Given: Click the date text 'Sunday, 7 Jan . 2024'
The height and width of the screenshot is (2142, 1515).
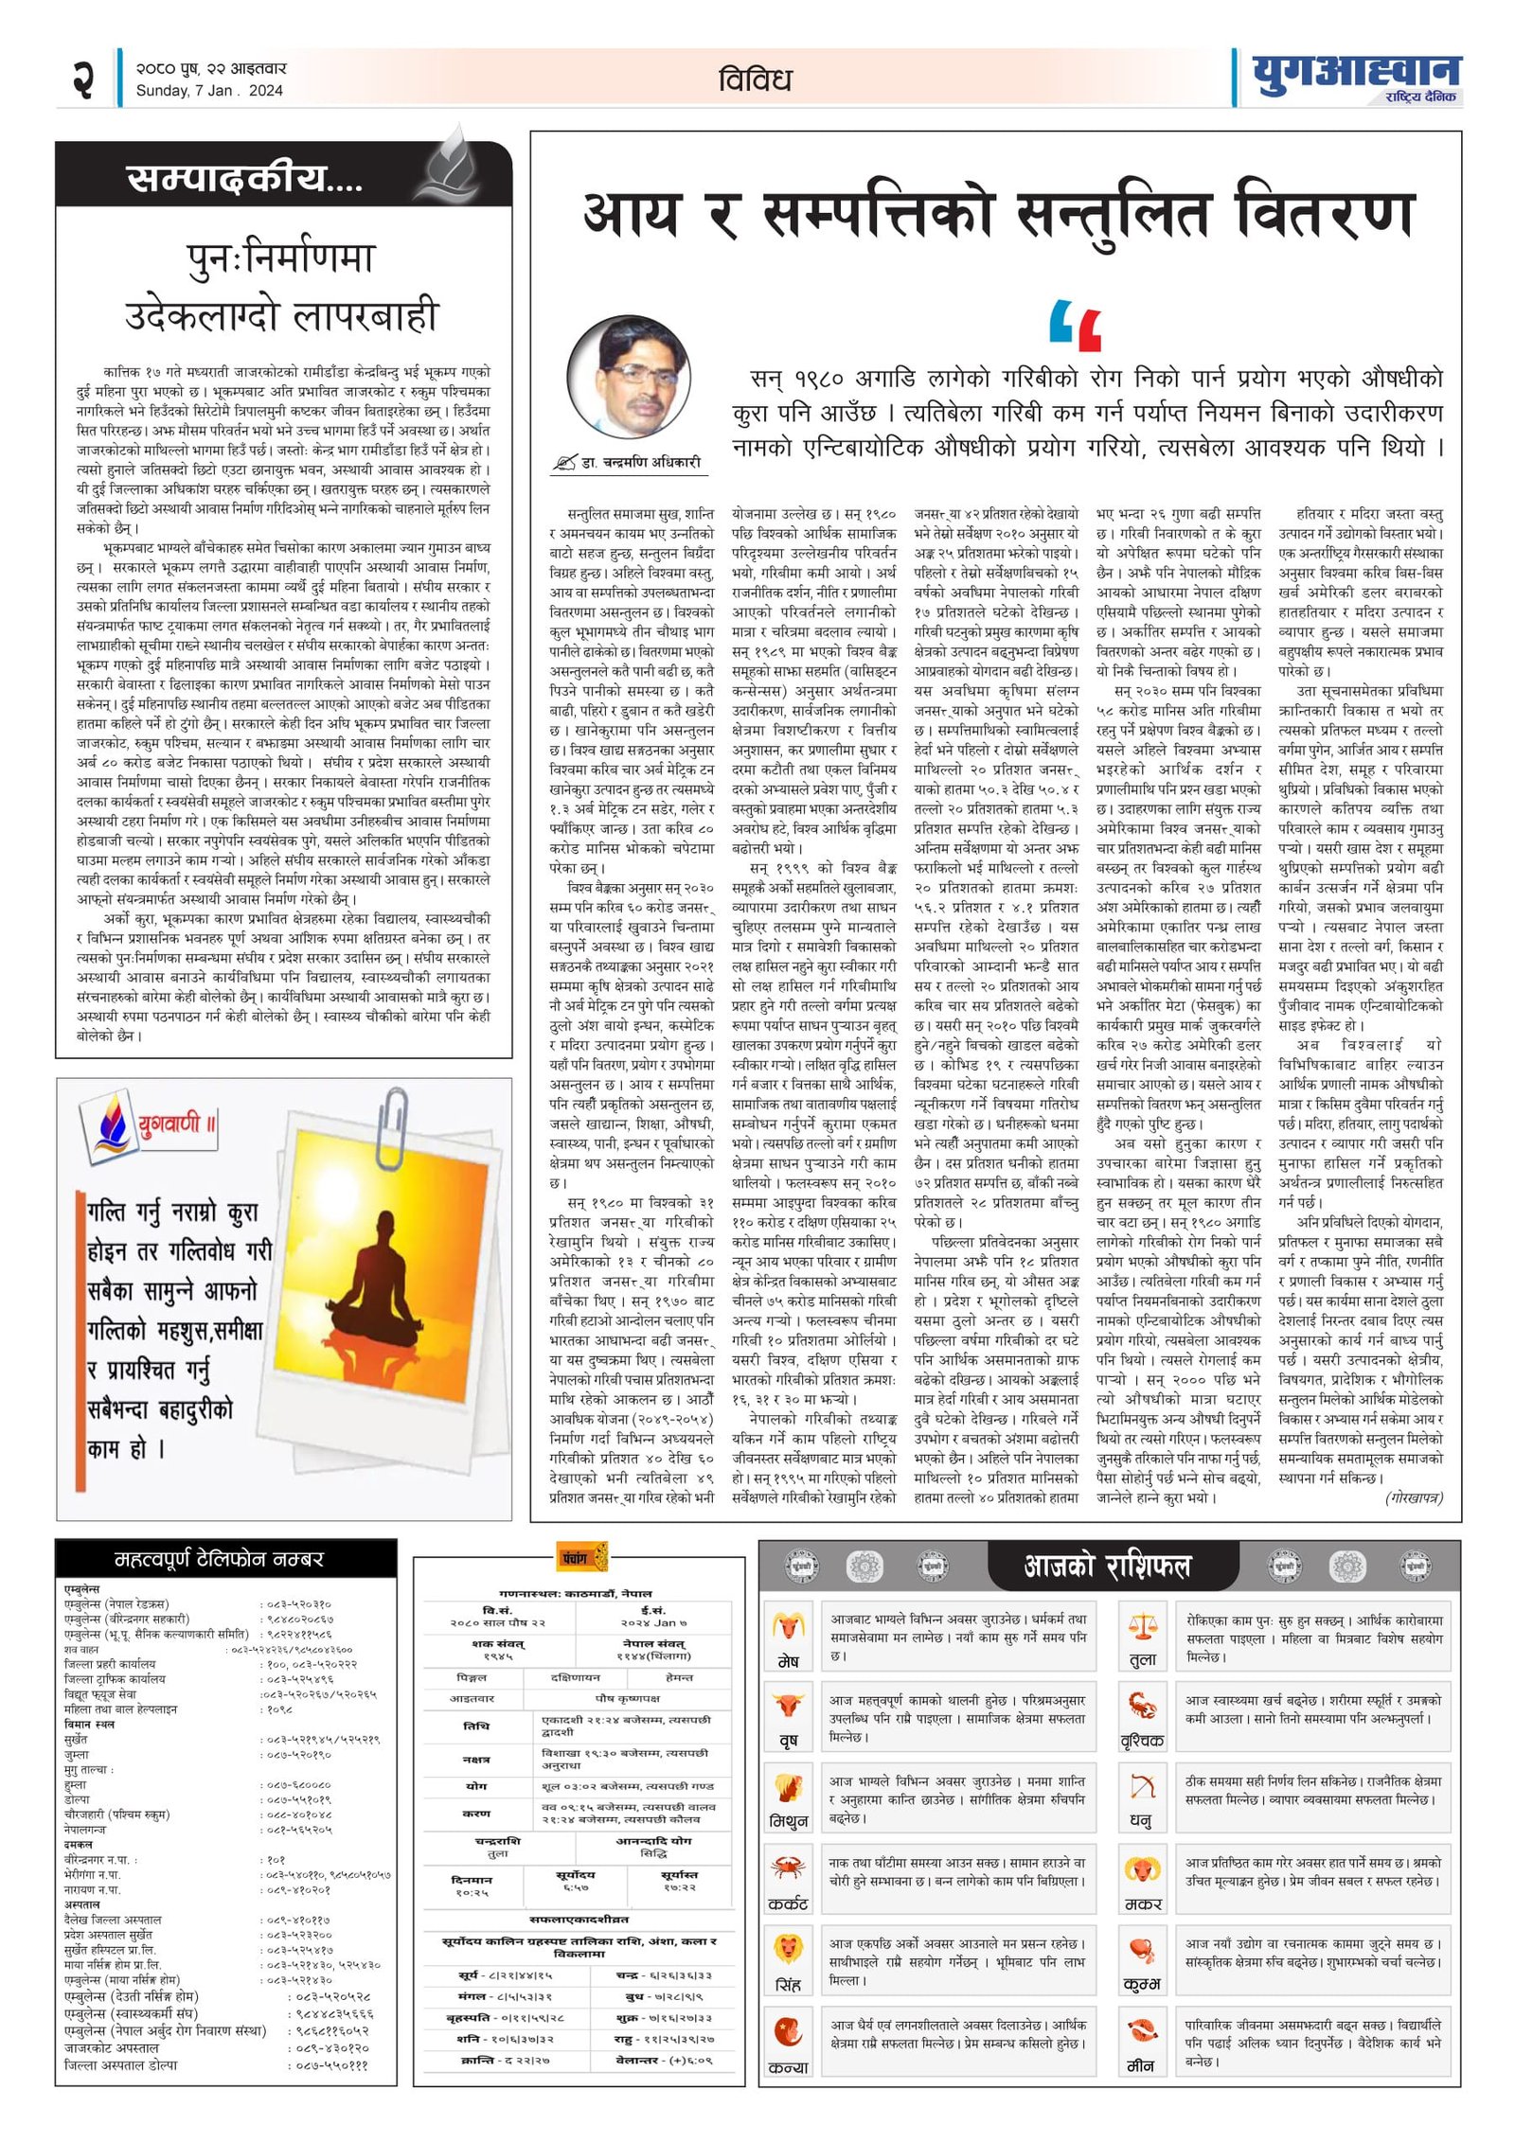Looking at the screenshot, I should [x=209, y=91].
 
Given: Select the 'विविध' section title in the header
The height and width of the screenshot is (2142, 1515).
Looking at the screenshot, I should [x=755, y=80].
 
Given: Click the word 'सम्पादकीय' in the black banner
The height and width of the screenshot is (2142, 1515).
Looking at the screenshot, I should [x=227, y=177].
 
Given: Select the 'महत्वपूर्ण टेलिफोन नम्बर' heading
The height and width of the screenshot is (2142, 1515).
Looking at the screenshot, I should [x=219, y=1558].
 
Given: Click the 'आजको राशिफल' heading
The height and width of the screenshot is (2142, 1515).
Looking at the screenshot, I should [x=1106, y=1567].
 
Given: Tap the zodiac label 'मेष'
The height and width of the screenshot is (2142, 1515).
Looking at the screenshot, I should [x=788, y=1661].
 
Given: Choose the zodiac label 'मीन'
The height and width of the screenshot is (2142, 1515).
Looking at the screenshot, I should [x=1141, y=2065].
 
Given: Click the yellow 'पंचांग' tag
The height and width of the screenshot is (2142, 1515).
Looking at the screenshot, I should [x=579, y=1557].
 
